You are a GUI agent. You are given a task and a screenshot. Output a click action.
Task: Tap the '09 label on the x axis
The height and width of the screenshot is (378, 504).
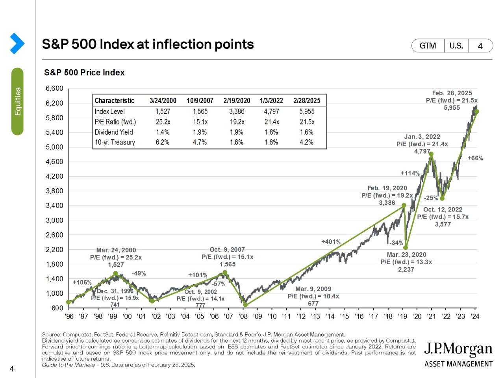click(258, 316)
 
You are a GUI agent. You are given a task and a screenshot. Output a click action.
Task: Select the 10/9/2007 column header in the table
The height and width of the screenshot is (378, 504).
click(200, 101)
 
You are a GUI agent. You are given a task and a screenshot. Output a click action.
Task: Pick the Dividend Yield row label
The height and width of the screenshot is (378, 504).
click(114, 132)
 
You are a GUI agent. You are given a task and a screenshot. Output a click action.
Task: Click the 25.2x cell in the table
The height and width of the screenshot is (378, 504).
click(163, 122)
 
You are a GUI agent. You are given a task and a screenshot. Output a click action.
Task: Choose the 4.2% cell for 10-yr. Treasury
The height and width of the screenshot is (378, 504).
click(306, 143)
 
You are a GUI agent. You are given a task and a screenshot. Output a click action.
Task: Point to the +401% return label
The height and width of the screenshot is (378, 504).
click(331, 242)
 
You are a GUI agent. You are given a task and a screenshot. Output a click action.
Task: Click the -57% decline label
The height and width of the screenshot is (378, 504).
click(219, 284)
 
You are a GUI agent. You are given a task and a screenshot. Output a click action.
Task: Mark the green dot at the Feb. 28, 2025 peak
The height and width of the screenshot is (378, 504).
click(476, 112)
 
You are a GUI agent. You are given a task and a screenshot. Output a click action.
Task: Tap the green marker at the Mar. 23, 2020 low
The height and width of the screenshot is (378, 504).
click(406, 248)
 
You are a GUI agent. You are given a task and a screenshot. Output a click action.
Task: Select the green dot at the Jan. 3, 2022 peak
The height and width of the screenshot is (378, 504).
click(431, 154)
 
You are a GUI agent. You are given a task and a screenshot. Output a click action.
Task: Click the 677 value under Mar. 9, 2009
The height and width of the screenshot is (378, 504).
click(313, 304)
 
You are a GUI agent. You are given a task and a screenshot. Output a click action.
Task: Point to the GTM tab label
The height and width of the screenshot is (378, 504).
click(428, 46)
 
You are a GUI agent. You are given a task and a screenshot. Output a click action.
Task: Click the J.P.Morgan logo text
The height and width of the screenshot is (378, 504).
click(458, 349)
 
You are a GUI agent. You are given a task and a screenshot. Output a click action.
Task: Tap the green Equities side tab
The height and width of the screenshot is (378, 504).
click(17, 101)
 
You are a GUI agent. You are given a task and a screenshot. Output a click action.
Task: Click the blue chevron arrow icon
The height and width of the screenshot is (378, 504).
click(17, 43)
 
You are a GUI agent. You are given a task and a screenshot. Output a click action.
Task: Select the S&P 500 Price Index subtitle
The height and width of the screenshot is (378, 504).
click(84, 73)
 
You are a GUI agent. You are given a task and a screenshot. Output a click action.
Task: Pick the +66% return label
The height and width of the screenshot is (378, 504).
click(475, 158)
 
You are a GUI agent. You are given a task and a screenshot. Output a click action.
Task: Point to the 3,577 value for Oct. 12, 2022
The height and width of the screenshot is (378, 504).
click(443, 224)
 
